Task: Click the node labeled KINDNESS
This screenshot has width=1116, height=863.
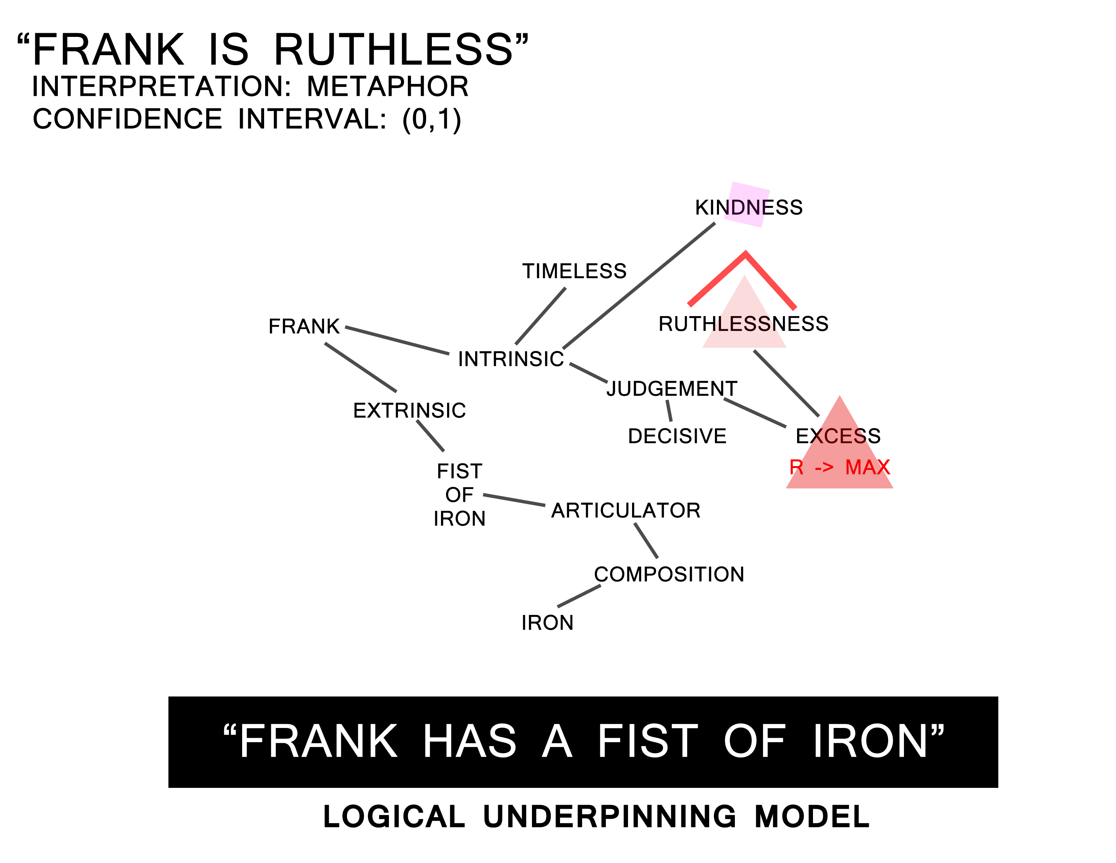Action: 749,207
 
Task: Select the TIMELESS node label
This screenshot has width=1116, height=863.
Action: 574,271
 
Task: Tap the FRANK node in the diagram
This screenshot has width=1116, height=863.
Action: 304,326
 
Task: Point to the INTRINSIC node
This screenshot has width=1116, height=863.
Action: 510,359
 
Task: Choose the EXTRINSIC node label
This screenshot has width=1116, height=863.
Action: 409,411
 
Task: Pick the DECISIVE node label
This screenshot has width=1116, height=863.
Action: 677,436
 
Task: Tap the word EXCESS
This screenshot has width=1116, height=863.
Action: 838,436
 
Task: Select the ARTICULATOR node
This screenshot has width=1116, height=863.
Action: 625,511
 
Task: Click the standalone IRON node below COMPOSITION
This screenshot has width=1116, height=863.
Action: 547,623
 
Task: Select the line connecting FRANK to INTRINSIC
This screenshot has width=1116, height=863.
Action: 397,340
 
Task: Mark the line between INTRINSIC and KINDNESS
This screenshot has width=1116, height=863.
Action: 639,285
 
